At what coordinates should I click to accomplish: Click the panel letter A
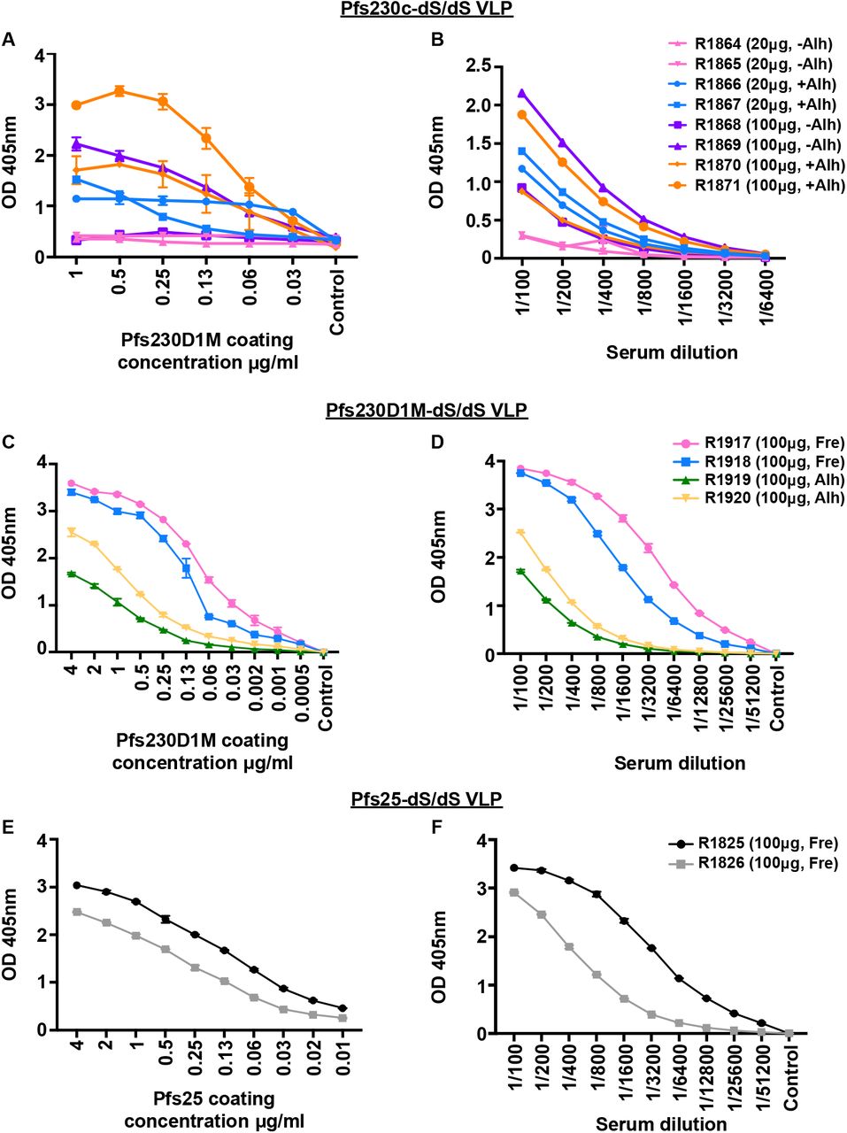[x=10, y=39]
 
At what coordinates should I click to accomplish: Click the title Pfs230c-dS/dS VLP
[x=424, y=10]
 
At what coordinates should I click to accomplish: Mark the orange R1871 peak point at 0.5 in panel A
[x=119, y=91]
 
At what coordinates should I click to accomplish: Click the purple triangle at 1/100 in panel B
[x=522, y=93]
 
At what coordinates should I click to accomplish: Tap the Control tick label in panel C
[x=325, y=698]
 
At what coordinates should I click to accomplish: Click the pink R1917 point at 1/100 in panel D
[x=520, y=469]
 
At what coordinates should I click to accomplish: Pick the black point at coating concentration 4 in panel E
[x=77, y=885]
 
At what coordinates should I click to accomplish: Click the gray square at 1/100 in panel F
[x=513, y=893]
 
